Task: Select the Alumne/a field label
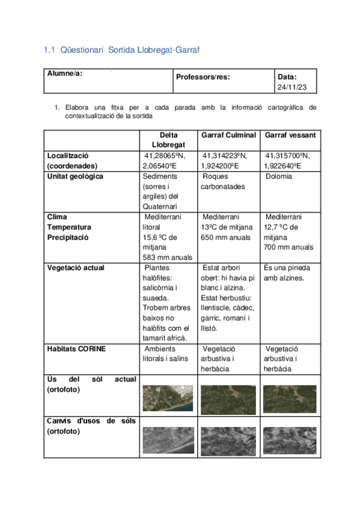tap(65, 73)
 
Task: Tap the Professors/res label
tap(203, 77)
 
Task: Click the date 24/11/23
tap(293, 87)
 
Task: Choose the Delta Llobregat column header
tap(169, 140)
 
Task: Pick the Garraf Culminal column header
tap(228, 135)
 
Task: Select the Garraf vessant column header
tap(290, 135)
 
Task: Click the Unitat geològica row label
tap(75, 176)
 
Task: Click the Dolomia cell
tap(279, 176)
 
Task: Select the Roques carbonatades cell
tap(222, 182)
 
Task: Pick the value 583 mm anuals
tap(168, 257)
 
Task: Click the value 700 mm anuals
tap(288, 247)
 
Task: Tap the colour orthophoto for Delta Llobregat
tap(168, 398)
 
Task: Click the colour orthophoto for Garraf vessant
tap(289, 398)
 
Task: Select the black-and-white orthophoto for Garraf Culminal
tap(228, 441)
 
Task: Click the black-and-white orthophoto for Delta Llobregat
tap(168, 441)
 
